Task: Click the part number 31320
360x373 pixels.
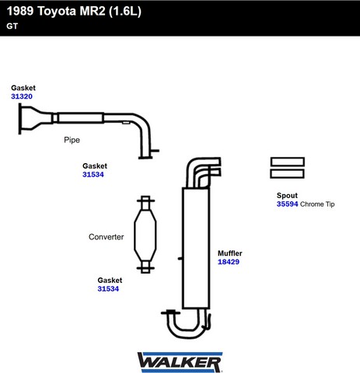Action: (22, 96)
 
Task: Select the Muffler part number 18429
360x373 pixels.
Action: (229, 262)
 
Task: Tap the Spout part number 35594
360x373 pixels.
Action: (287, 204)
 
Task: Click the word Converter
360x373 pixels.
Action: (106, 237)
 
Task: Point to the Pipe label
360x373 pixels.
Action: (72, 140)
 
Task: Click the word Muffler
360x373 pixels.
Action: (230, 253)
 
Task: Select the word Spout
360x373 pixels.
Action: (287, 196)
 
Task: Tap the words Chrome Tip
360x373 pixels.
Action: (317, 204)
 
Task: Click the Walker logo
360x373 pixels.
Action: (180, 362)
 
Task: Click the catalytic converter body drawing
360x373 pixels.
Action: (145, 235)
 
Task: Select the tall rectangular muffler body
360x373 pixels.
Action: (196, 248)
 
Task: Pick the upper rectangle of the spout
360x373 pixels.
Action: (287, 162)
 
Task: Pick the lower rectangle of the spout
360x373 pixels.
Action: (287, 174)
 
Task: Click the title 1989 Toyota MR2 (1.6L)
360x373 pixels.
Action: (74, 11)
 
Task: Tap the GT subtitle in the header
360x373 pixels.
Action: (12, 26)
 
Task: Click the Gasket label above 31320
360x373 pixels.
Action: (23, 88)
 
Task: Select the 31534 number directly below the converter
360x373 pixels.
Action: (108, 288)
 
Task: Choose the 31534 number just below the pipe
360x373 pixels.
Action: (93, 174)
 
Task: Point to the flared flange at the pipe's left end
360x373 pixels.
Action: (29, 119)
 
